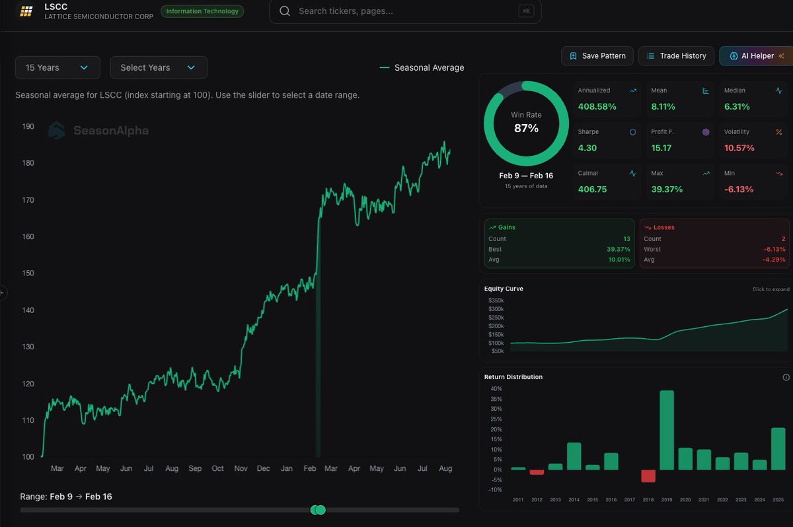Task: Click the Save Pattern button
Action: [x=597, y=56]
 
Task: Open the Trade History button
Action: [x=676, y=56]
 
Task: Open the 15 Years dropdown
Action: [x=57, y=67]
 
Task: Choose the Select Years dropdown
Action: [x=158, y=67]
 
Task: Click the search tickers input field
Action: [x=403, y=11]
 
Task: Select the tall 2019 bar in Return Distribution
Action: [x=667, y=430]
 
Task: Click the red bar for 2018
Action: [x=648, y=475]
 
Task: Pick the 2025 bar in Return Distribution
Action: [x=778, y=448]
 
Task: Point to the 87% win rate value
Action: [x=526, y=128]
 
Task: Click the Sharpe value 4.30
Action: [x=587, y=148]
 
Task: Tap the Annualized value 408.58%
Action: [x=597, y=106]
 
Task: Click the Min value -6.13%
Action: [x=739, y=189]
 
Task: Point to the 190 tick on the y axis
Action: [x=28, y=126]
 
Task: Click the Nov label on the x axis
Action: [x=241, y=468]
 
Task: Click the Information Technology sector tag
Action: [x=202, y=11]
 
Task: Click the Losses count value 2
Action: [x=783, y=238]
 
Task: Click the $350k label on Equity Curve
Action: [x=496, y=300]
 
